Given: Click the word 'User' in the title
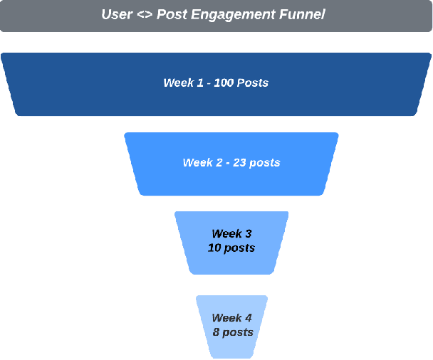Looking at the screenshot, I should pos(116,14).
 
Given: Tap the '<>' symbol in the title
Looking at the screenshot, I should pos(145,14).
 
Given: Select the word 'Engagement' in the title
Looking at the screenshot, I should pos(229,15).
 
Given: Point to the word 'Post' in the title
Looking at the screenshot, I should pos(173,14).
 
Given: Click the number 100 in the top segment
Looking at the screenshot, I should pos(224,83).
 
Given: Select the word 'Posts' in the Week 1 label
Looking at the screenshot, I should pos(252,83).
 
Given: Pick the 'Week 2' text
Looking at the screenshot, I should pos(202,163).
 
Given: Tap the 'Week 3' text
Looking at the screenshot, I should pos(231,233).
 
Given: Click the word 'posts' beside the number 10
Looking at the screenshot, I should pos(240,248).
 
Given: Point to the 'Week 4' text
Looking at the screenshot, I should pos(231,318).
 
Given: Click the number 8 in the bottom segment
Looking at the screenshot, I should pos(215,332).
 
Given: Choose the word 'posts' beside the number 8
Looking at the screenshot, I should pos(238,332).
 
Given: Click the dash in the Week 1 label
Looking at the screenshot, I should pos(208,83).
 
